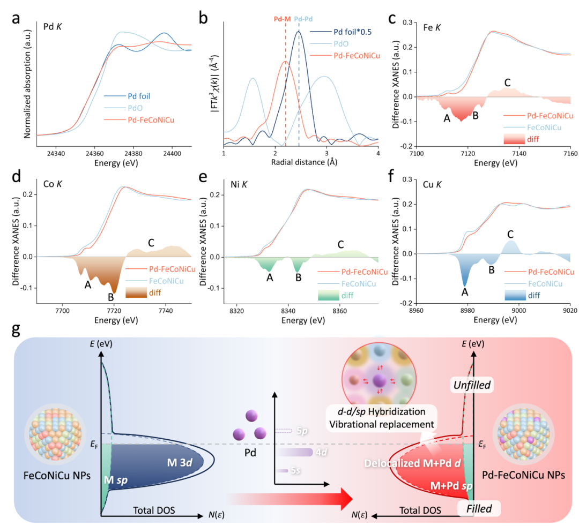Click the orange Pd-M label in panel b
[x=282, y=18]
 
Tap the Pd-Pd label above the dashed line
[x=305, y=18]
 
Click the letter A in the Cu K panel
[x=465, y=292]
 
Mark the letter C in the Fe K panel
[x=507, y=83]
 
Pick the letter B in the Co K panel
[x=111, y=297]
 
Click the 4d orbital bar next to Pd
[x=295, y=453]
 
